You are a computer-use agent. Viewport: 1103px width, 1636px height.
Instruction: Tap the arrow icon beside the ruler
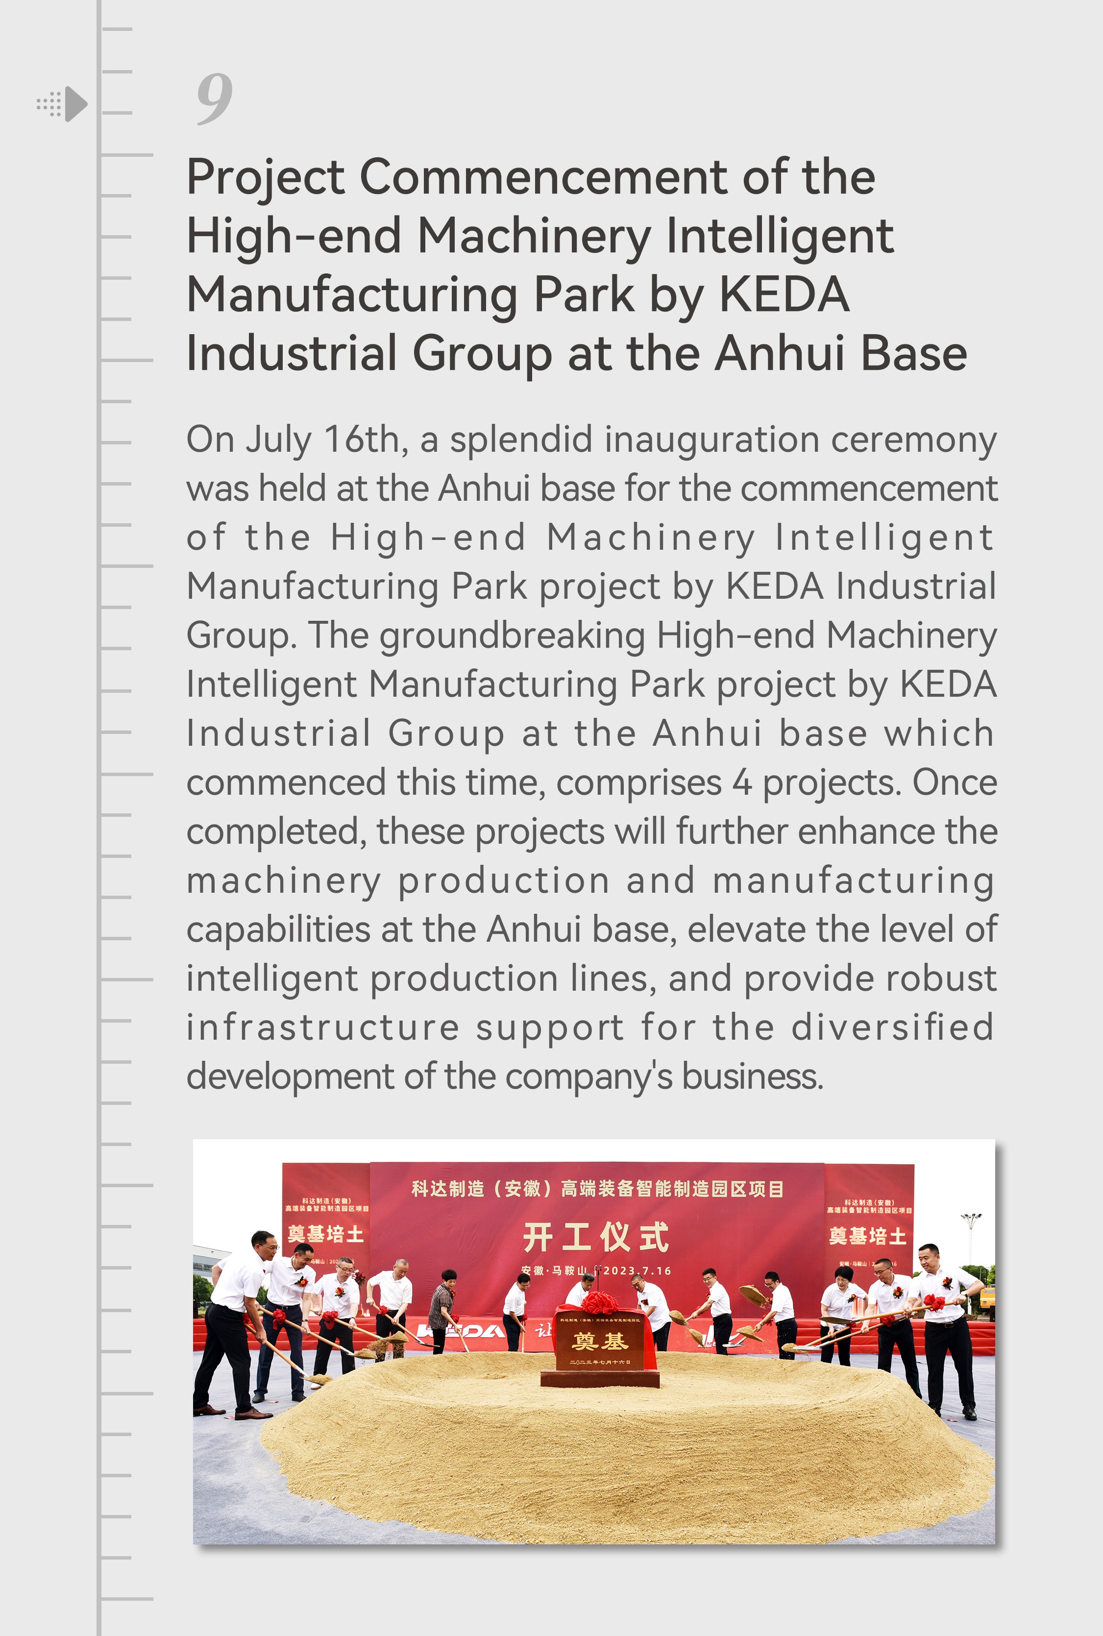pyautogui.click(x=74, y=104)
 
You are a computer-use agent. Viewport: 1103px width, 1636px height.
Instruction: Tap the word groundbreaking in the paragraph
pyautogui.click(x=512, y=636)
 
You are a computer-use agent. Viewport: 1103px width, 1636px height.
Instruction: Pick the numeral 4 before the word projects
pyautogui.click(x=742, y=783)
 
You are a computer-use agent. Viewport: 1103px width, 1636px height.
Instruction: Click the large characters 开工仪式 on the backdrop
pyautogui.click(x=595, y=1237)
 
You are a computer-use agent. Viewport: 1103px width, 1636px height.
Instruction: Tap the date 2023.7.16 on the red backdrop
pyautogui.click(x=637, y=1271)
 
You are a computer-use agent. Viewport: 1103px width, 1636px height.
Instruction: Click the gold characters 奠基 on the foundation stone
pyautogui.click(x=599, y=1342)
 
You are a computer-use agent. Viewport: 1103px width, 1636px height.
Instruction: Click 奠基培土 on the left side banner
pyautogui.click(x=326, y=1234)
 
